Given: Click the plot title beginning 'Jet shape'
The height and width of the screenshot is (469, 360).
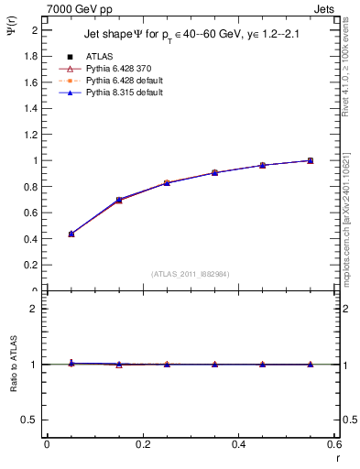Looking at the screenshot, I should click(190, 33).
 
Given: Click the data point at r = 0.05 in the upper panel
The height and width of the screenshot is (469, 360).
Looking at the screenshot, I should click(71, 234).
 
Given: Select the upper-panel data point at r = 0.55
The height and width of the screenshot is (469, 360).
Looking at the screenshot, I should click(311, 160).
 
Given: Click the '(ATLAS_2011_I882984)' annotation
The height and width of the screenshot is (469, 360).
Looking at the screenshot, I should click(190, 274).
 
